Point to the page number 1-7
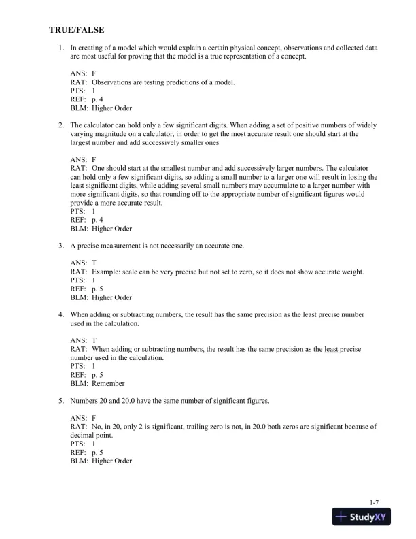(365, 502)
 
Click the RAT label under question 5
(78, 427)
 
